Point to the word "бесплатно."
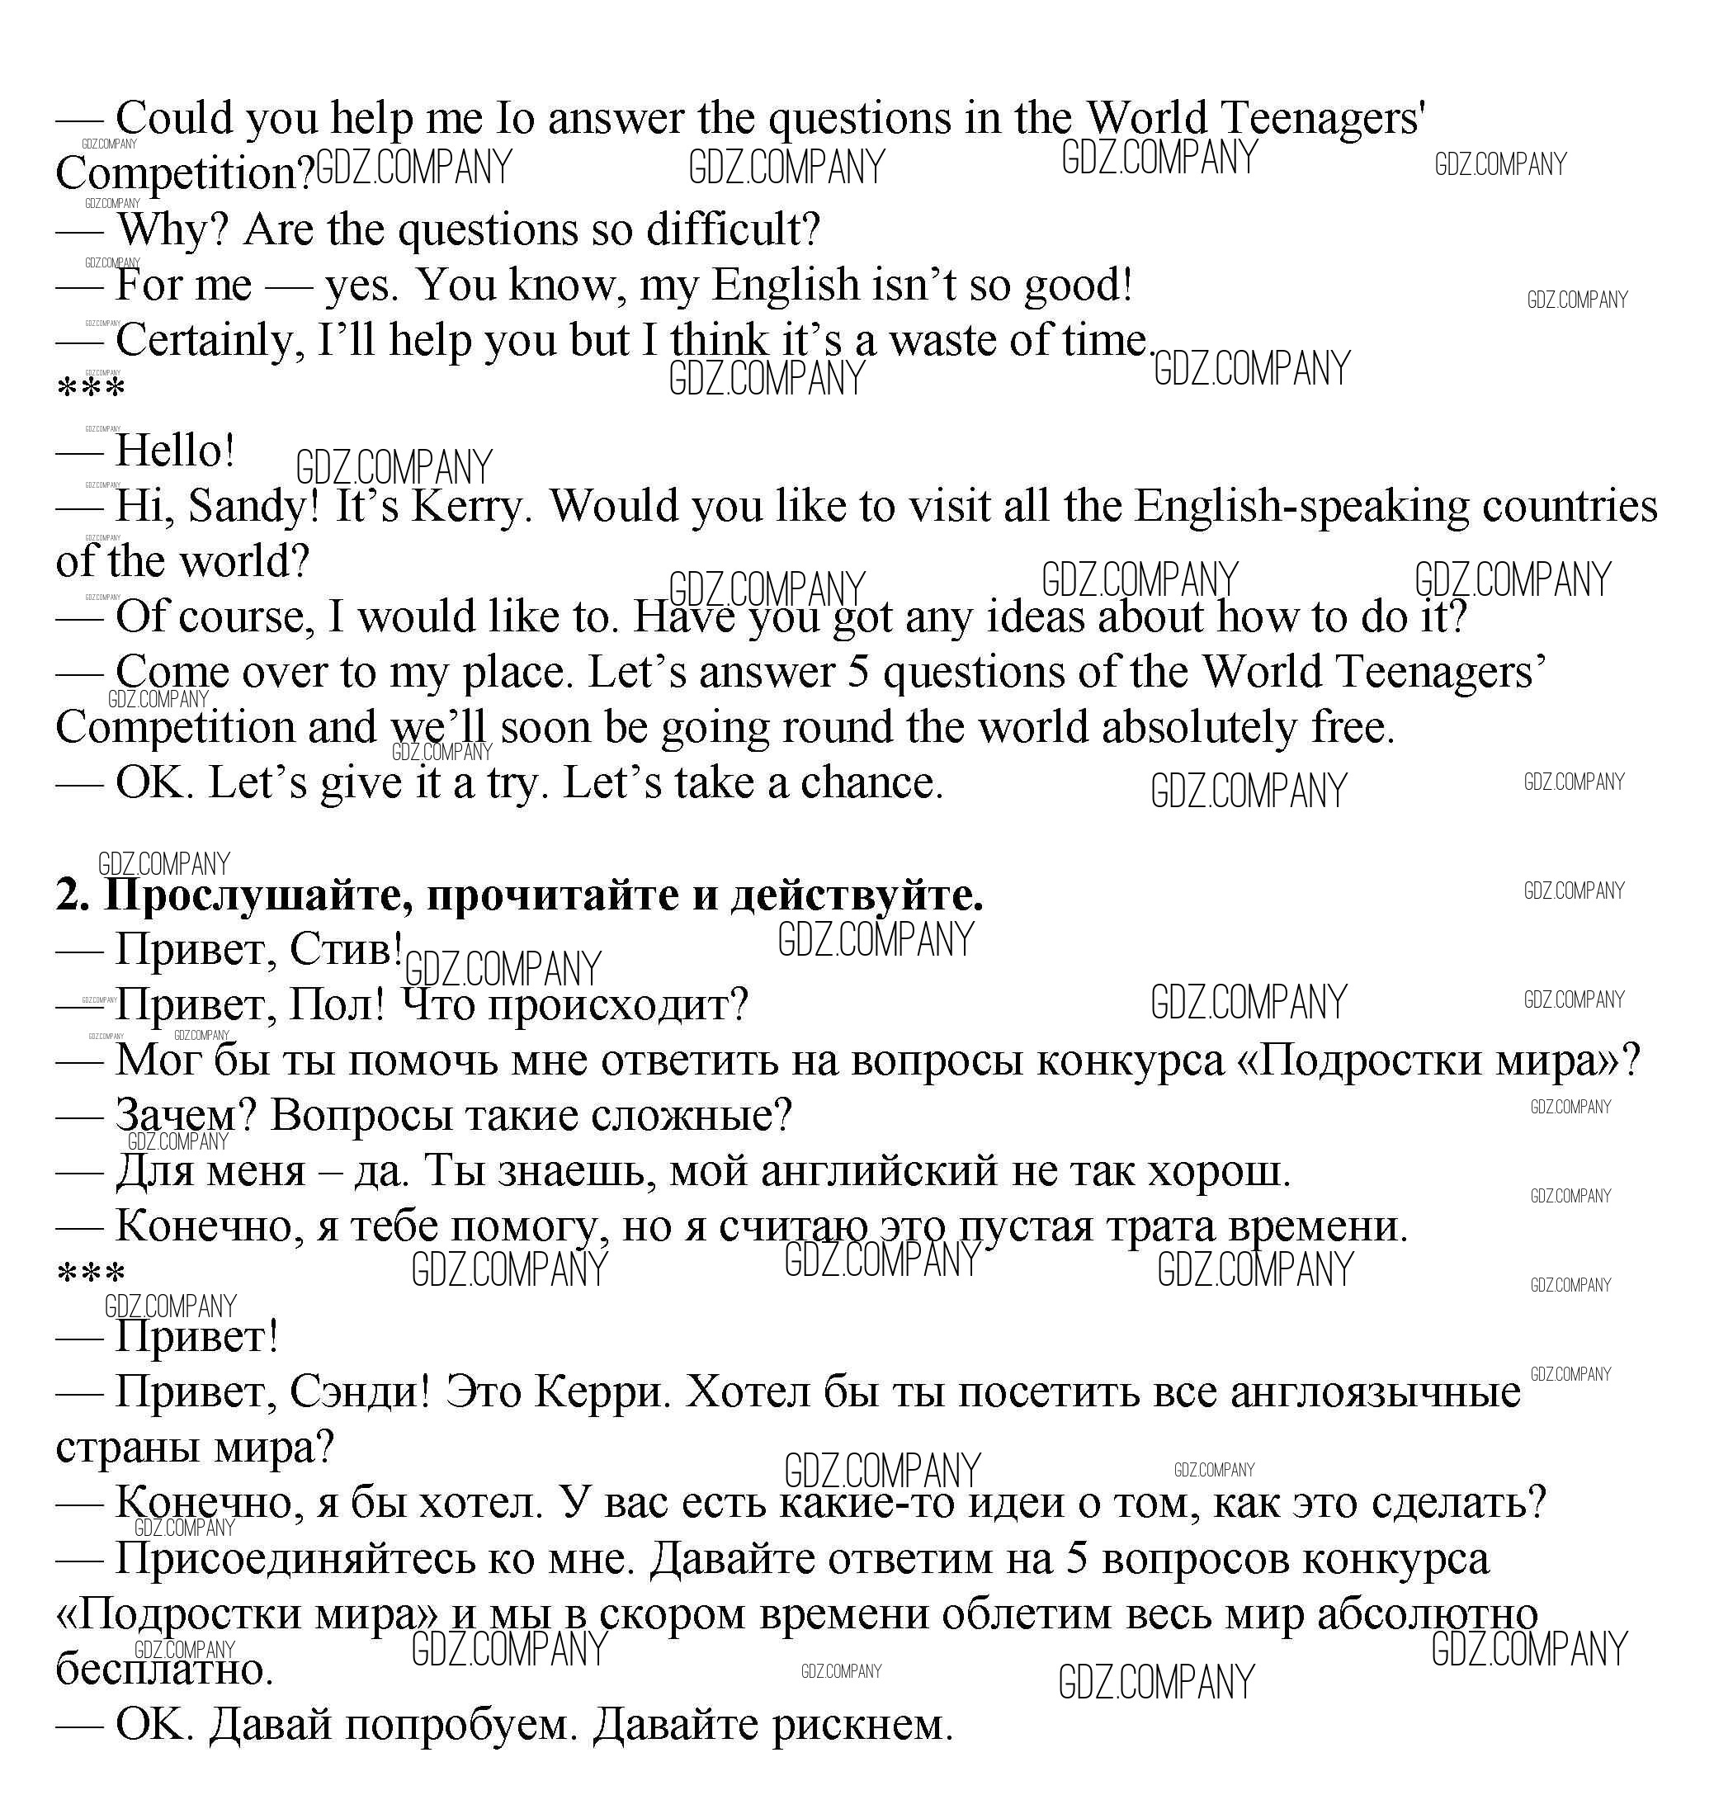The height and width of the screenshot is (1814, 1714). point(165,1670)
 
